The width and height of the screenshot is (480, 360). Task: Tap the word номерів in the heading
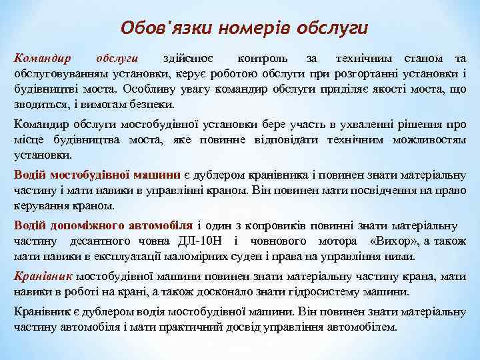(246, 29)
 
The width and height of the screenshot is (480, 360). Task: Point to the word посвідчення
(367, 189)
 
